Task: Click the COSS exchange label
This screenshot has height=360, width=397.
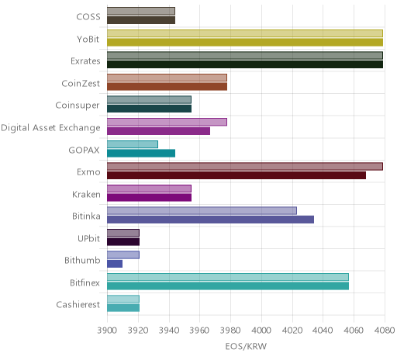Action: click(x=88, y=17)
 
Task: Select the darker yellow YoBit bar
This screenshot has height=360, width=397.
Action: click(x=245, y=43)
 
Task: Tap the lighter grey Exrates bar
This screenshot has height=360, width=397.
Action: click(x=245, y=56)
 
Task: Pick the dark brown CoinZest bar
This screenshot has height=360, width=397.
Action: click(x=167, y=87)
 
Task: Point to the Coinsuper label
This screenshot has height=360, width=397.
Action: click(x=78, y=106)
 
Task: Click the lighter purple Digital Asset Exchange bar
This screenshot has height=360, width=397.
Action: click(x=167, y=122)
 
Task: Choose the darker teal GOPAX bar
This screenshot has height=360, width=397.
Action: click(x=141, y=154)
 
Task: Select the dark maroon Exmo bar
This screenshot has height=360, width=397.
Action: click(x=236, y=175)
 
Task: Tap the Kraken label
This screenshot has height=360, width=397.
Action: click(x=86, y=194)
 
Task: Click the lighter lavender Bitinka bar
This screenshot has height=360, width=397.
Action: click(x=202, y=211)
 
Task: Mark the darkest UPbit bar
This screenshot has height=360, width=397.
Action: click(x=123, y=242)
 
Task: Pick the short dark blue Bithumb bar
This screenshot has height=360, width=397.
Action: click(x=115, y=264)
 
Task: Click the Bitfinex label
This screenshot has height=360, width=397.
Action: click(x=85, y=282)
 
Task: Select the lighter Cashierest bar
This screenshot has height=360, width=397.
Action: click(x=123, y=299)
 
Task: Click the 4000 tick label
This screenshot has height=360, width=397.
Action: click(x=261, y=331)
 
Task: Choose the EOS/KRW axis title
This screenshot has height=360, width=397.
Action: click(x=246, y=346)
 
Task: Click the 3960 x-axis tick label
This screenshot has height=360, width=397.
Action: click(x=199, y=331)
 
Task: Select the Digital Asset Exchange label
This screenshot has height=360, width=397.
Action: click(x=50, y=128)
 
